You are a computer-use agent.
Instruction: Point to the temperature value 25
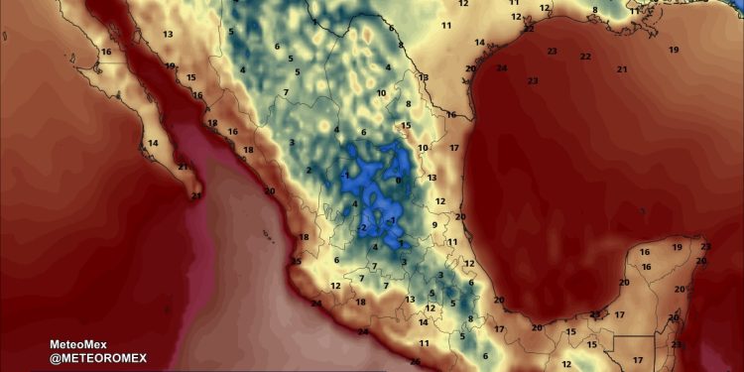coord(295,262)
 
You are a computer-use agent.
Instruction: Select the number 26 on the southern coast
coord(415,362)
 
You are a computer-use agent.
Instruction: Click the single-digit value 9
coord(434,225)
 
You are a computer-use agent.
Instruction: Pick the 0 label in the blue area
coord(398,181)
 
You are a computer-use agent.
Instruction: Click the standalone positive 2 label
coord(309,170)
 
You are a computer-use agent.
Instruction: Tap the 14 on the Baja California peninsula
coord(153,144)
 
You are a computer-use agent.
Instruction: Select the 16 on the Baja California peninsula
coord(106,52)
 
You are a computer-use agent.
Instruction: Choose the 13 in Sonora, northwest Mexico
coord(168,35)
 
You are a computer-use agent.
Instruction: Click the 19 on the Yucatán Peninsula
coord(678,247)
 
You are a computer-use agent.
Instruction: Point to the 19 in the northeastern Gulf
coord(674,50)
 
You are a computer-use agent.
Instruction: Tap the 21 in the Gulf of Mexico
coord(622,69)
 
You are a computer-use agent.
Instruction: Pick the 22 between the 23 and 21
coord(585,57)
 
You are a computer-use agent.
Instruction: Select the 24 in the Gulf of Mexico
coord(501,68)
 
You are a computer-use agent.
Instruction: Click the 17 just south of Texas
coord(453,149)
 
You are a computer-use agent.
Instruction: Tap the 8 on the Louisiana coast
coord(594,11)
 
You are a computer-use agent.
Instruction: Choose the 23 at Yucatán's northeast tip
coord(705,247)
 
